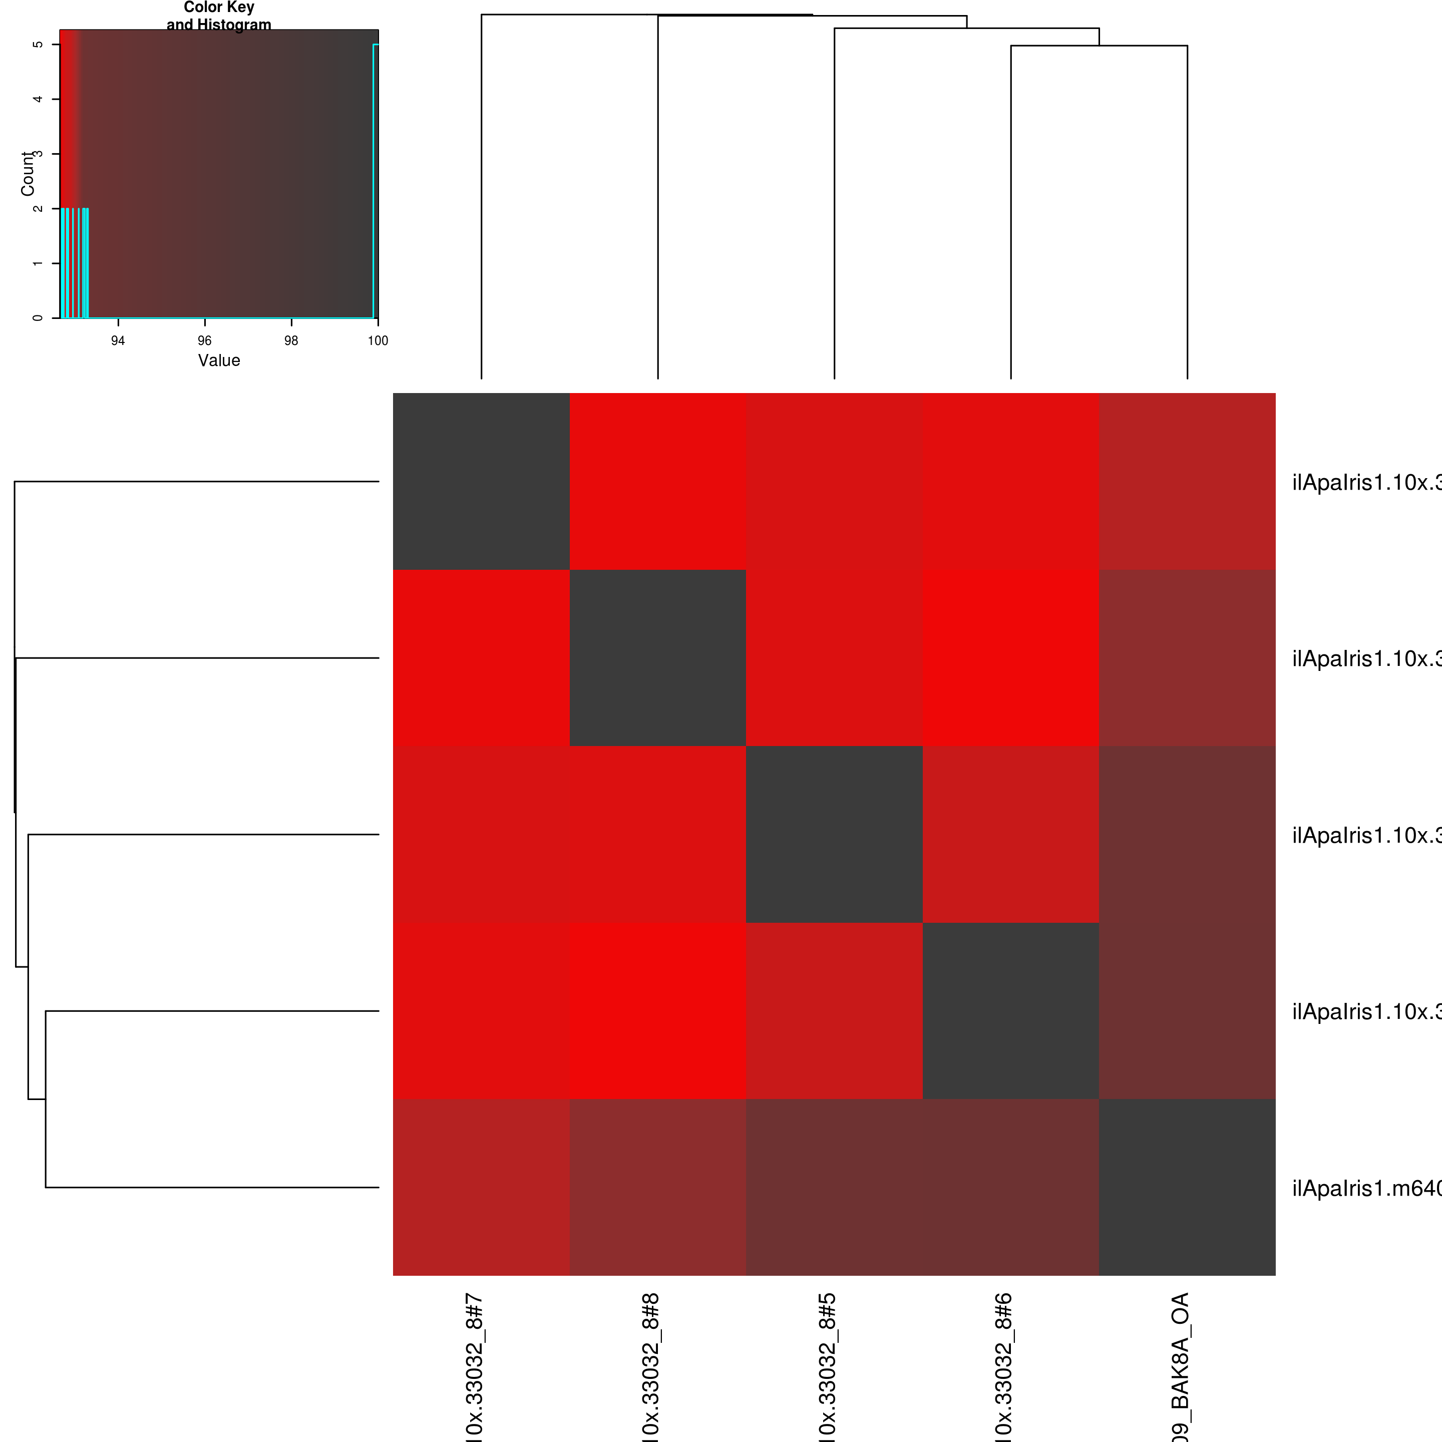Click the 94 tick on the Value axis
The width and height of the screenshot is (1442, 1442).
[x=118, y=340]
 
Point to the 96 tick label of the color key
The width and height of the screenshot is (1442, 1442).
[x=204, y=340]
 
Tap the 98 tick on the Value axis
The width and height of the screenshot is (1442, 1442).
[x=291, y=340]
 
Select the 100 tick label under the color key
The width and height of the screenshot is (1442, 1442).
[x=378, y=340]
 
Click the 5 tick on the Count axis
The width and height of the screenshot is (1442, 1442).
[x=38, y=45]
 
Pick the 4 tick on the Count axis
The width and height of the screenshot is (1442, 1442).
[x=38, y=99]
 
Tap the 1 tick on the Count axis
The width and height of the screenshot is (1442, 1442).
[x=38, y=263]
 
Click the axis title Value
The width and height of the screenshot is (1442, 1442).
[x=219, y=360]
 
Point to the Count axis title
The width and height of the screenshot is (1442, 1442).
[x=28, y=174]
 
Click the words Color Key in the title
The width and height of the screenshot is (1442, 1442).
[x=219, y=8]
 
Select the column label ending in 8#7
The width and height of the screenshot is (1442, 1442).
[x=475, y=1366]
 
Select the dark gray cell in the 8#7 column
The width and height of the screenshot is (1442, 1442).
[x=481, y=481]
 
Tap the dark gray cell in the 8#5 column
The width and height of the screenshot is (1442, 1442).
[x=835, y=835]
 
